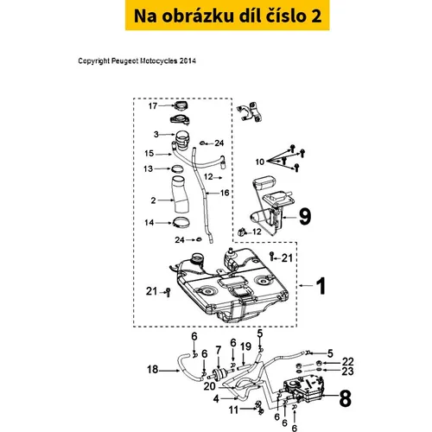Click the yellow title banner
pos(227,15)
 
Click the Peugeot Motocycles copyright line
pos(137,61)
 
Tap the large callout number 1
pos(321,286)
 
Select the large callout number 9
pos(305,217)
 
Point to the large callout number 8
pos(346,398)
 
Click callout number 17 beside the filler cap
pos(153,106)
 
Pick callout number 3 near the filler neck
pos(156,134)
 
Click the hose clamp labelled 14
pos(181,222)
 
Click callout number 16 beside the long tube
pos(225,193)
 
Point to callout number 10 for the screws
pos(260,162)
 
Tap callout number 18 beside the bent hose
pos(153,369)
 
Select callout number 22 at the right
pos(347,362)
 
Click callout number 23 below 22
pos(347,372)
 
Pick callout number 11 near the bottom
pos(233,410)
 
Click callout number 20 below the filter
pos(209,386)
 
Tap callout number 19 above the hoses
pos(246,346)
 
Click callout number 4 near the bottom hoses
pos(216,399)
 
